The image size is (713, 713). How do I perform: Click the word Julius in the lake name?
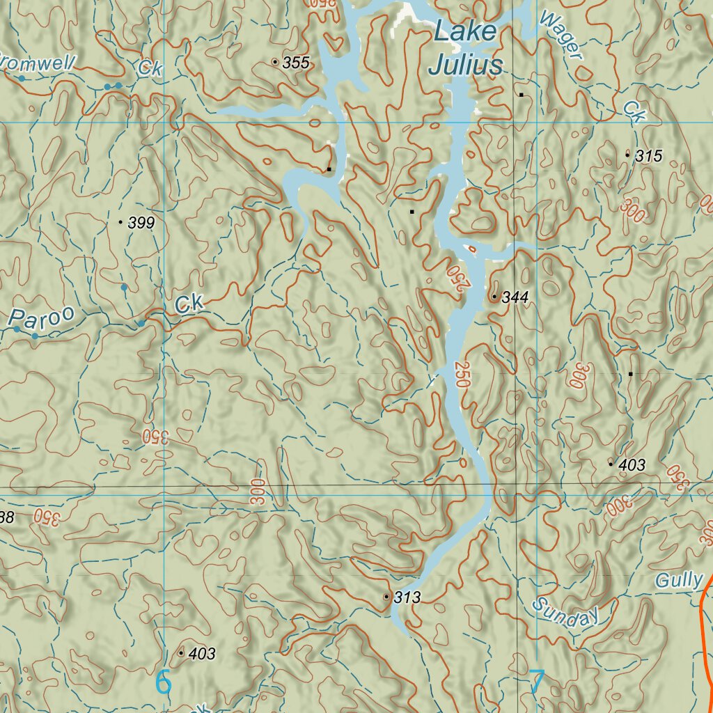[x=465, y=65]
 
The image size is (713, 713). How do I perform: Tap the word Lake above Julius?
[x=465, y=31]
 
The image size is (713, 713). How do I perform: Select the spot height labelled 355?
[x=295, y=63]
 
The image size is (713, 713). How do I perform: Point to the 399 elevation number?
[x=141, y=223]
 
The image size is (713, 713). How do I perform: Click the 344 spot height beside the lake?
[x=515, y=297]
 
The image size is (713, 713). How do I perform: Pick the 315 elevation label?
[x=648, y=156]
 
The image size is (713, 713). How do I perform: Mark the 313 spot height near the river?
[x=407, y=597]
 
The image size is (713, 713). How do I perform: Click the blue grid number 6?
[x=163, y=682]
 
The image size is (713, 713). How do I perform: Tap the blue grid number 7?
[x=536, y=682]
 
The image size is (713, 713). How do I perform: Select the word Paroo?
[x=42, y=319]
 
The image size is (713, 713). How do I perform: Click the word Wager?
[x=561, y=35]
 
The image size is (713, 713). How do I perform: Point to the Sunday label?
[x=566, y=612]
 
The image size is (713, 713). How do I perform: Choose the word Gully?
[x=679, y=580]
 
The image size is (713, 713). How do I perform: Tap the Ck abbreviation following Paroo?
[x=189, y=304]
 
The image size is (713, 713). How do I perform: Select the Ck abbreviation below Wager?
[x=634, y=111]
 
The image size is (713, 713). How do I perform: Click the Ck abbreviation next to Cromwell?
[x=149, y=68]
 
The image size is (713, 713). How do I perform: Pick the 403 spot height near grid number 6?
[x=201, y=654]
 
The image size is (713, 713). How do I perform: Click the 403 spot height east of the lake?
[x=632, y=464]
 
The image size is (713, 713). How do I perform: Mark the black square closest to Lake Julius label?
[x=520, y=94]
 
